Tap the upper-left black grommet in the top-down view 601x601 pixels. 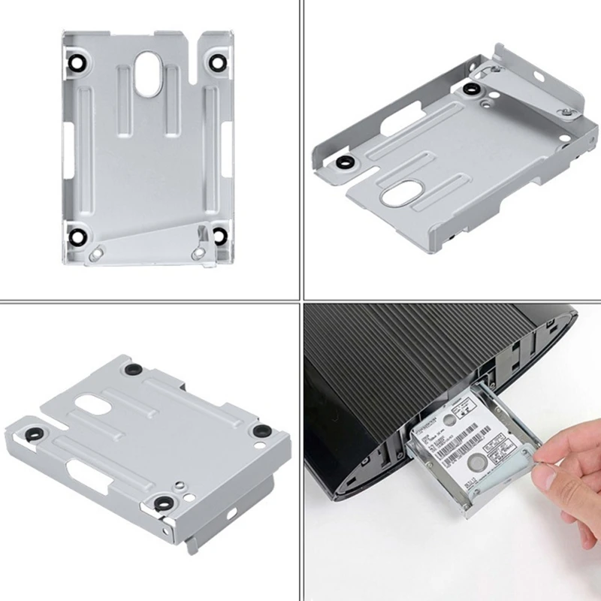pos(75,62)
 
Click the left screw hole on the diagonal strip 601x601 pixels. pos(92,255)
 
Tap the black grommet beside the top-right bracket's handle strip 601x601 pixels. pos(471,90)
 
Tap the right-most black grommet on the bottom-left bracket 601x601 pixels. pos(261,431)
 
